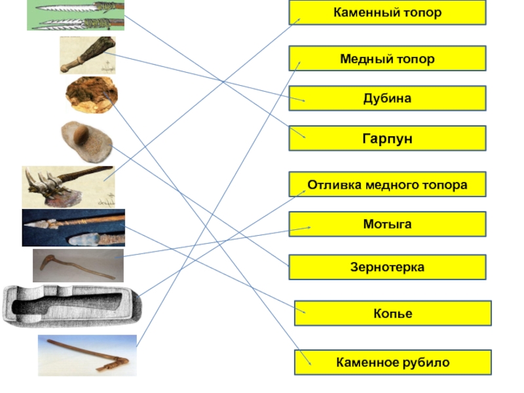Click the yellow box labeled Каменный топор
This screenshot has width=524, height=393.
pyautogui.click(x=387, y=12)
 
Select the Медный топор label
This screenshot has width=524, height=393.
pyautogui.click(x=387, y=58)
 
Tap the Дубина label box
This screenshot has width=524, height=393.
pyautogui.click(x=387, y=98)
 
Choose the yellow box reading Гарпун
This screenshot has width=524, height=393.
pyautogui.click(x=387, y=138)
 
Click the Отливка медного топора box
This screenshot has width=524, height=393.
pyautogui.click(x=387, y=185)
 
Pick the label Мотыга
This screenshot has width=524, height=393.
pyautogui.click(x=387, y=224)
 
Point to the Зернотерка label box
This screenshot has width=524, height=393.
pyautogui.click(x=387, y=267)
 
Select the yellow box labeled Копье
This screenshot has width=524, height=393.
pyautogui.click(x=392, y=314)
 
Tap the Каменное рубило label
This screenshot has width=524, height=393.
pyautogui.click(x=392, y=362)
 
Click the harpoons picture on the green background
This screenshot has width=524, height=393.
pyautogui.click(x=75, y=15)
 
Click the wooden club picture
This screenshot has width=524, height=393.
pyautogui.click(x=88, y=54)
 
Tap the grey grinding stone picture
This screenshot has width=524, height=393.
pyautogui.click(x=86, y=140)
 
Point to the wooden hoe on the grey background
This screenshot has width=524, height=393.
pyautogui.click(x=77, y=265)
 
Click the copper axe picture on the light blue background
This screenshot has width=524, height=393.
pyautogui.click(x=86, y=355)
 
